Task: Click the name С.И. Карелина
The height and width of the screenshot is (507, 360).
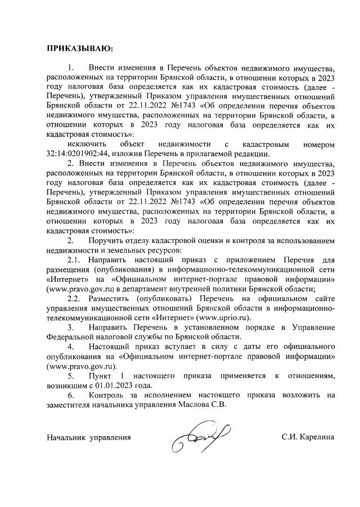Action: (308, 436)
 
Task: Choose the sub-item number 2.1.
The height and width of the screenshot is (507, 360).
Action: (75, 259)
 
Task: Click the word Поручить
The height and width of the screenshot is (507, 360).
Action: (107, 240)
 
